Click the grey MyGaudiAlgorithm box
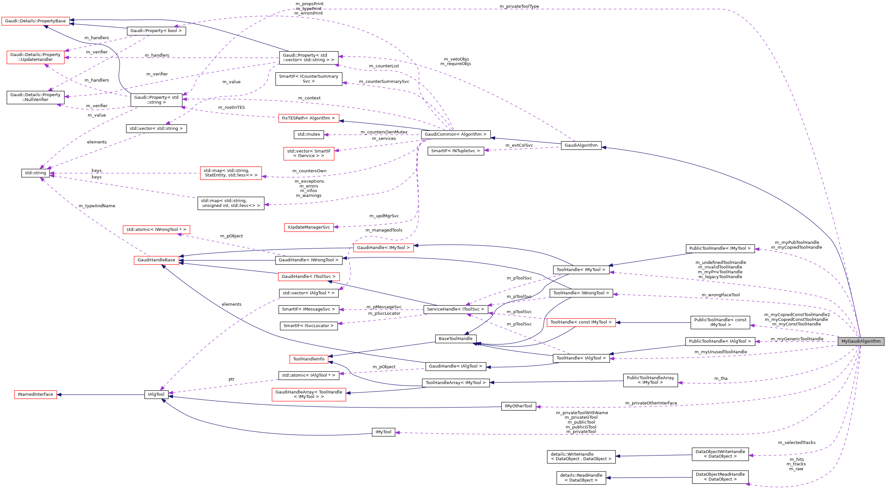click(860, 341)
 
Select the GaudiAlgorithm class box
click(581, 145)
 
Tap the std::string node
click(35, 173)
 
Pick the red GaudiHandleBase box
click(156, 260)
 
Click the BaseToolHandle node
click(455, 339)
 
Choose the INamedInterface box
click(35, 394)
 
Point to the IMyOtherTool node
click(518, 406)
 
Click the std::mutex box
click(309, 134)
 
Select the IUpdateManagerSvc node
click(309, 227)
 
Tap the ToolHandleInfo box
click(309, 359)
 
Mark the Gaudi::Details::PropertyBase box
click(35, 21)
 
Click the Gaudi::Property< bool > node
click(156, 31)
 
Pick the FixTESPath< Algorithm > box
click(309, 118)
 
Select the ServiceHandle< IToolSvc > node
click(455, 309)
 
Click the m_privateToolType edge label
click(519, 6)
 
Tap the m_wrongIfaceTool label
click(720, 295)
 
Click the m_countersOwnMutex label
click(384, 132)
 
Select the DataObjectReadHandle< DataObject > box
click(720, 477)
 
